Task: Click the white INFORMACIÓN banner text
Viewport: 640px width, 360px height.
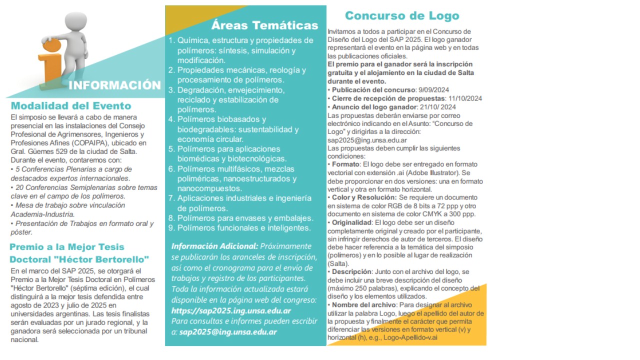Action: coord(114,85)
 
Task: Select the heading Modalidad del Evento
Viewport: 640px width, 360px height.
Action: coord(71,106)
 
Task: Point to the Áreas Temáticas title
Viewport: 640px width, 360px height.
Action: coord(264,25)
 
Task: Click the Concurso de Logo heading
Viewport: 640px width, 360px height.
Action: coord(402,16)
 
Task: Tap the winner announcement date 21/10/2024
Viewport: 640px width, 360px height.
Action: coord(437,107)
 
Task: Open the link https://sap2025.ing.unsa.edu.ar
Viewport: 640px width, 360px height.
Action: coord(231,311)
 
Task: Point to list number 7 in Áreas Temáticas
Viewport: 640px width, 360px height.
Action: coord(171,198)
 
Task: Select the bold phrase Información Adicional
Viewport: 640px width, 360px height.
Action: coord(214,246)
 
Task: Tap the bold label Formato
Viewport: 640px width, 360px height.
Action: coord(346,164)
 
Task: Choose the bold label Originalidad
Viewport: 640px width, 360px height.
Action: coord(351,222)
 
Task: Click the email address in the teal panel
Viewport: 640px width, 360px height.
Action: coord(228,331)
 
